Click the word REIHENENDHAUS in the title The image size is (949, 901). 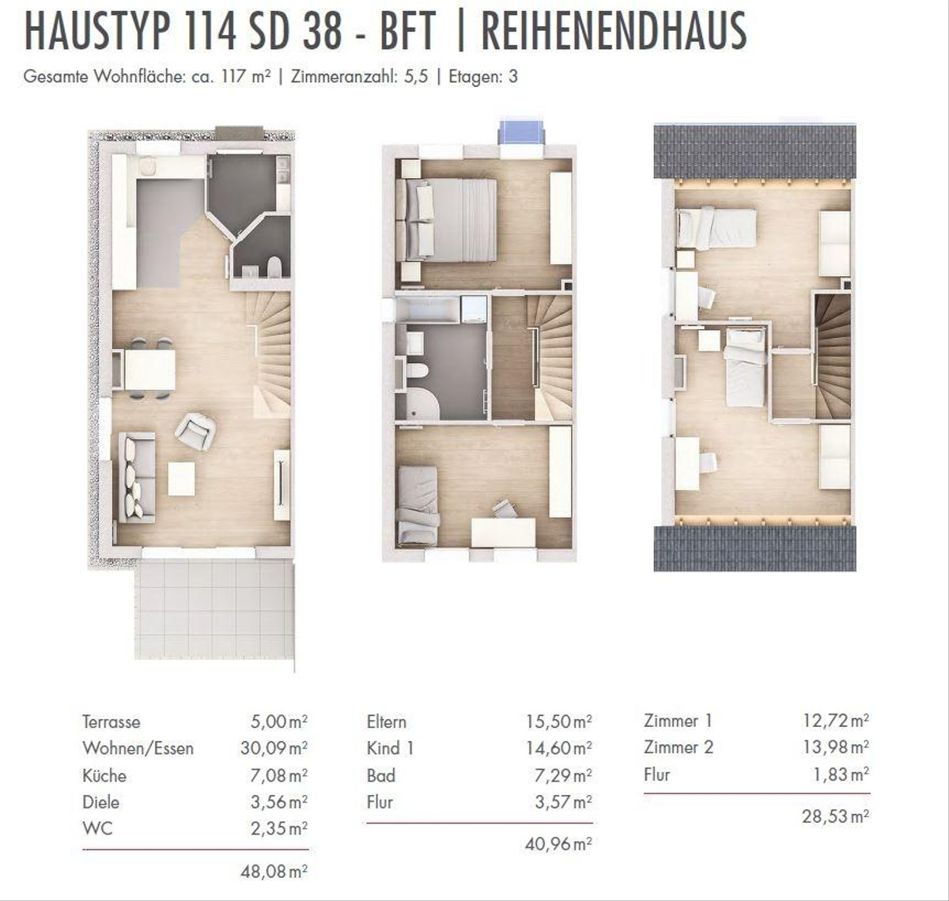point(614,31)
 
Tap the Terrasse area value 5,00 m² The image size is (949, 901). point(279,721)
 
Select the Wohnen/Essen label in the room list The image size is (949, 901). point(138,748)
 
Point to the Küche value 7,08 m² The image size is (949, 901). point(279,775)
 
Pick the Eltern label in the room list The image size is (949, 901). point(387,722)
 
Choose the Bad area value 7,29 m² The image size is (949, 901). point(563,775)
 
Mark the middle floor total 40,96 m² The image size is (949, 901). point(558,844)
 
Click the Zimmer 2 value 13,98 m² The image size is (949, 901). point(836,747)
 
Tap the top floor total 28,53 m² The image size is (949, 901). point(836,816)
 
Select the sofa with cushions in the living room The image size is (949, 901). point(137,477)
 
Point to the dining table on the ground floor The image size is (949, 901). point(150,369)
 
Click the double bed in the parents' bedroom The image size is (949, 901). point(447,221)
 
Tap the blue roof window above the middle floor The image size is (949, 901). point(522,131)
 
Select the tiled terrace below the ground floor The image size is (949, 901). point(214,609)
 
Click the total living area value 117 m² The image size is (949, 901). point(243,77)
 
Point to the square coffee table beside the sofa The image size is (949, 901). point(182,479)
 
